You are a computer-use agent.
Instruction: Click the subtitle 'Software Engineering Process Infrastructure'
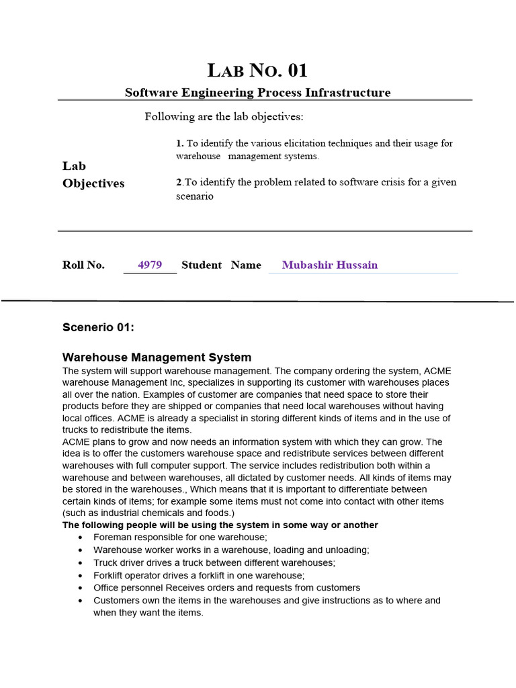[257, 93]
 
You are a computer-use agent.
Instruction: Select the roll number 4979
[150, 265]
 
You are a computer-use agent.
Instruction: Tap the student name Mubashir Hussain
[329, 265]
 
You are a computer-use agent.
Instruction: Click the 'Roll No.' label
[83, 265]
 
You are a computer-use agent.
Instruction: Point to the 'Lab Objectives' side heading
[93, 175]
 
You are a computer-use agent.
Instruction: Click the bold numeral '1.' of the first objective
[179, 144]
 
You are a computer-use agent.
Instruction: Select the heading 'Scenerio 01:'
[98, 327]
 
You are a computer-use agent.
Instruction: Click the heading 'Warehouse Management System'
[157, 357]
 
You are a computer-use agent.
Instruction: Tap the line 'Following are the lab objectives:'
[224, 117]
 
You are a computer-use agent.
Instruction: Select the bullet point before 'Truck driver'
[81, 563]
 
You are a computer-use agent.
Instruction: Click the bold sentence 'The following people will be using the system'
[220, 525]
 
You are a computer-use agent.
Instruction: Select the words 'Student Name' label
[221, 265]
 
